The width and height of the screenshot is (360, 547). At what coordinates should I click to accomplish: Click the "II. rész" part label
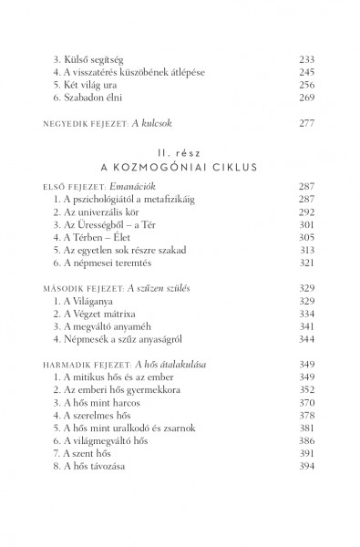(180, 154)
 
